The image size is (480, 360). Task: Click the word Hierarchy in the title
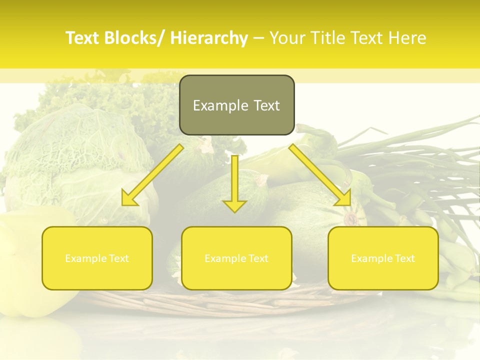click(x=209, y=38)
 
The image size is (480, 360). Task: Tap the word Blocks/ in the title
click(x=136, y=38)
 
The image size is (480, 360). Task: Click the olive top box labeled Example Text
click(x=236, y=105)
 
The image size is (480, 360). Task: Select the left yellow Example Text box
click(x=97, y=258)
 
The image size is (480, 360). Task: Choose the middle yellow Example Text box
click(x=236, y=258)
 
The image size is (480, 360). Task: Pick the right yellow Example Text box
click(x=383, y=258)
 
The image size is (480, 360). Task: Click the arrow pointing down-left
click(x=152, y=174)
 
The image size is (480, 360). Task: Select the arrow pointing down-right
click(x=320, y=174)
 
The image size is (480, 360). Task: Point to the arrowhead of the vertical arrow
click(x=234, y=205)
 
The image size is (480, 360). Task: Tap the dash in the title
click(x=258, y=38)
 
